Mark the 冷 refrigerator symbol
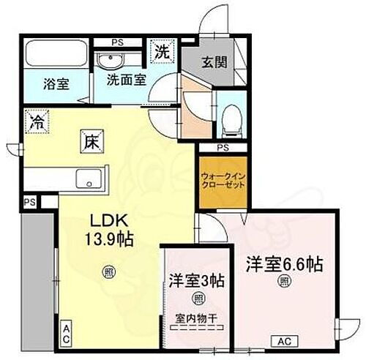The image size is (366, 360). pos(35,121)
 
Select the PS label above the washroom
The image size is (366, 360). pos(117,42)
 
